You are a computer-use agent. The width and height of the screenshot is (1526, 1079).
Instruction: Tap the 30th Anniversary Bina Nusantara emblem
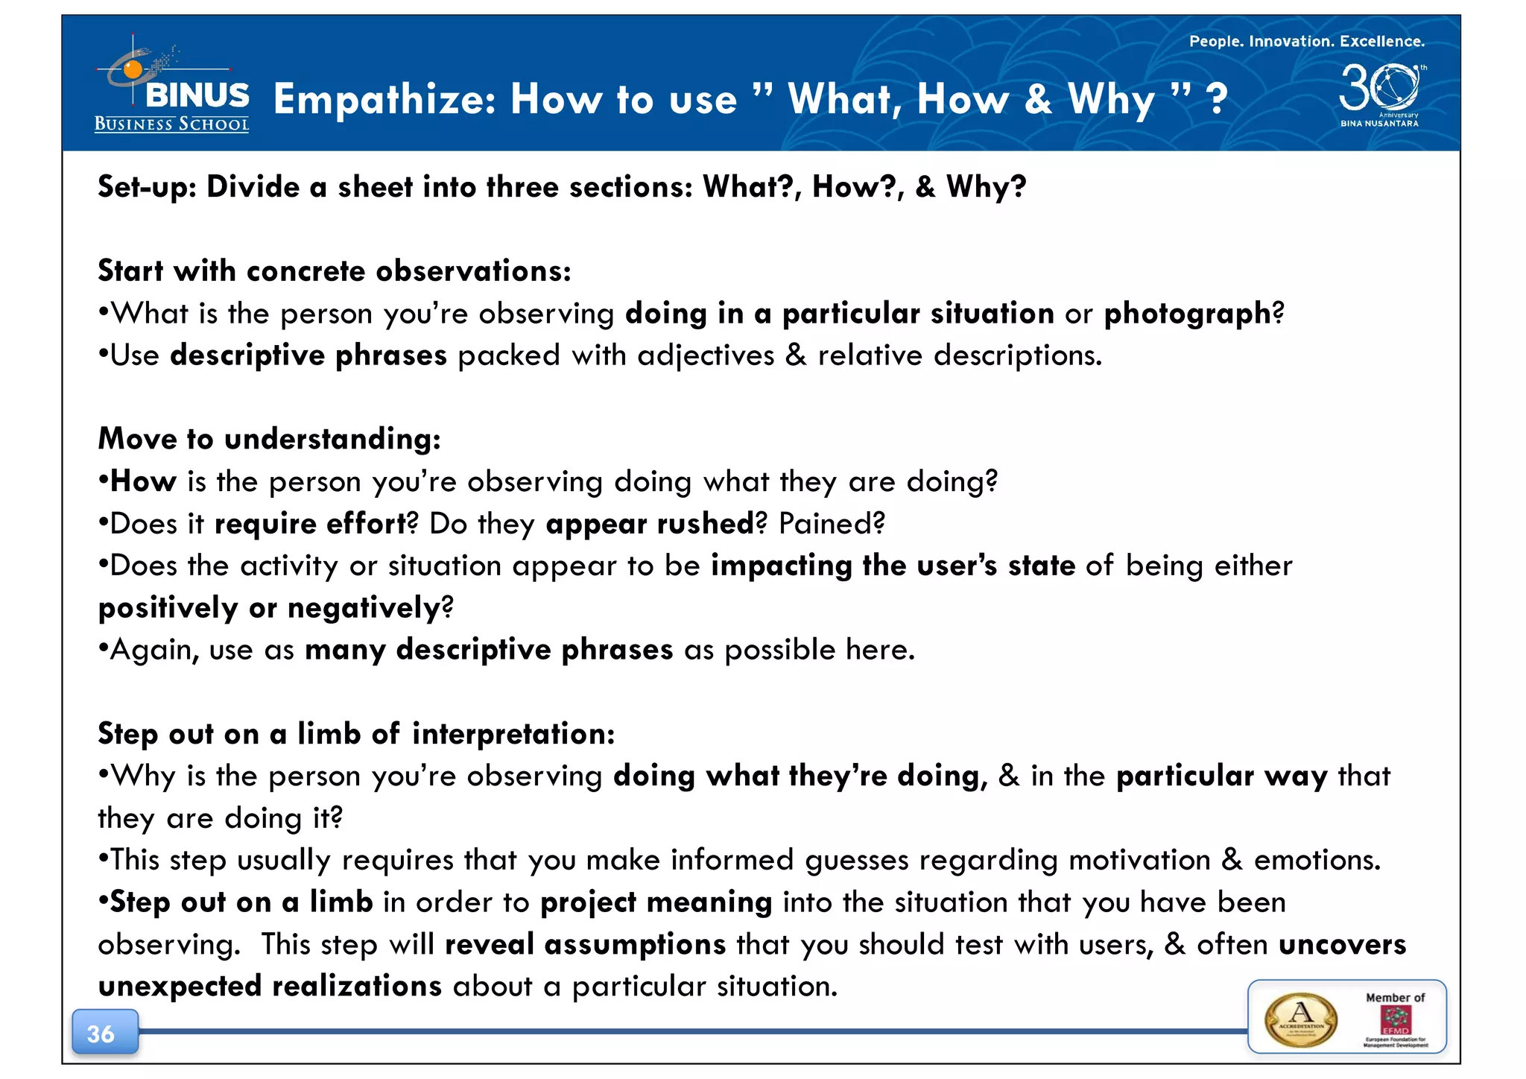tap(1380, 95)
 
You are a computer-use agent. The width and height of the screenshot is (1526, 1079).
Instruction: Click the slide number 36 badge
tap(102, 1033)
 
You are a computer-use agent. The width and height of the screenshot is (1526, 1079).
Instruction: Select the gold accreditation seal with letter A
tap(1301, 1019)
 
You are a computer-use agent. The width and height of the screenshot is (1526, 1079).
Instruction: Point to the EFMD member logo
tap(1395, 1021)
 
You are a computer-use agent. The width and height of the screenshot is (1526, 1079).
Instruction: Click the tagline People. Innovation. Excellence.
tap(1306, 42)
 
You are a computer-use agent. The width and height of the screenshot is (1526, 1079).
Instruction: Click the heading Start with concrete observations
tap(335, 271)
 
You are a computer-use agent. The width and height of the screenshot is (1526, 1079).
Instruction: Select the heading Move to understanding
tap(270, 439)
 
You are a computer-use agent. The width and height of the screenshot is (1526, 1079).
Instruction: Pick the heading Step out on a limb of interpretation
tap(356, 734)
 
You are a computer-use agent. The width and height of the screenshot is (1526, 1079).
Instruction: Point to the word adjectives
tap(706, 355)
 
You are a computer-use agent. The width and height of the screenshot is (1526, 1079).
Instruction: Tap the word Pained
tap(831, 524)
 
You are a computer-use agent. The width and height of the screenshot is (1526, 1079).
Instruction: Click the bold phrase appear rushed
tap(650, 524)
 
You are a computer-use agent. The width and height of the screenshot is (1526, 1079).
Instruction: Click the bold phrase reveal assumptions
tap(585, 945)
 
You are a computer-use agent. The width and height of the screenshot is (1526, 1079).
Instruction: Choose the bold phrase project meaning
tap(656, 902)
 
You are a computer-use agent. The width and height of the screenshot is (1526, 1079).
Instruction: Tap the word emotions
tap(1317, 861)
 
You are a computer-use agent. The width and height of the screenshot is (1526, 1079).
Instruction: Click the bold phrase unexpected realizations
tap(270, 987)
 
